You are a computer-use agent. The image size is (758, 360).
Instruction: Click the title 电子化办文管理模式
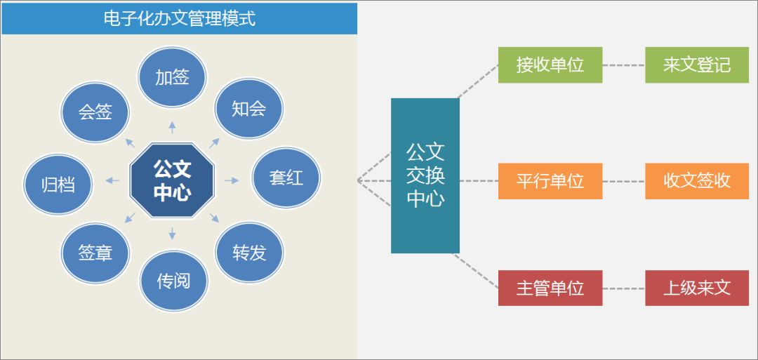(x=179, y=18)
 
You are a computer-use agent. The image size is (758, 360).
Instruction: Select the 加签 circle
(x=172, y=76)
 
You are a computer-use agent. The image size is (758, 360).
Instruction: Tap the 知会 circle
(x=248, y=108)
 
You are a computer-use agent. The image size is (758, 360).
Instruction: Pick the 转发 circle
(x=249, y=252)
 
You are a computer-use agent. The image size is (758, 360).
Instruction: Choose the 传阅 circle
(x=173, y=281)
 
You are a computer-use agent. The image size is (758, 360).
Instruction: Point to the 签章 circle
(x=95, y=253)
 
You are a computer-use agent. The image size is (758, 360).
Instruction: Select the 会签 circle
(x=95, y=112)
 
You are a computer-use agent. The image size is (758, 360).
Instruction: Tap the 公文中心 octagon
(x=172, y=180)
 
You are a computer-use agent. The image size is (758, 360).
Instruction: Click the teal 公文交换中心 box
(x=425, y=175)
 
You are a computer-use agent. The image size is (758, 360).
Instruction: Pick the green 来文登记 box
(x=697, y=65)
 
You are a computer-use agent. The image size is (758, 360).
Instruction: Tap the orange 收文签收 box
(x=697, y=181)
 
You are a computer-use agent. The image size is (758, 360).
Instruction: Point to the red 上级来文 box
(x=697, y=288)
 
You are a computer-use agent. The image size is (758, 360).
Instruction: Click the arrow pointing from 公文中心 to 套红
(x=232, y=180)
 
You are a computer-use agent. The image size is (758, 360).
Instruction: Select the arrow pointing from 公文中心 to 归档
(x=112, y=181)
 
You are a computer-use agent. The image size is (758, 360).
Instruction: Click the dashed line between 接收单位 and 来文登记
(x=623, y=65)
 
